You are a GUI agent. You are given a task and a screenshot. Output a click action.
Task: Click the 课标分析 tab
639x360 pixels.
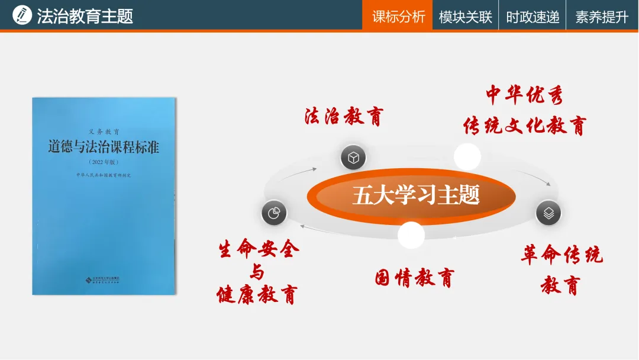(398, 17)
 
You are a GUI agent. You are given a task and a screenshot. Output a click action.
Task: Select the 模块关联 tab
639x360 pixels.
(465, 17)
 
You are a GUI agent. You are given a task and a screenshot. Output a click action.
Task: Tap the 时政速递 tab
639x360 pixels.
(532, 17)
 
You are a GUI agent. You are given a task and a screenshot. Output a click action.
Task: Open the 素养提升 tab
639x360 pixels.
(601, 17)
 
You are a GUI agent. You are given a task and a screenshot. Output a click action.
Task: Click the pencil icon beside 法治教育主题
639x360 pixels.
(22, 15)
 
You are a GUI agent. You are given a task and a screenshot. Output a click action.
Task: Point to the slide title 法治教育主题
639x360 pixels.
(85, 16)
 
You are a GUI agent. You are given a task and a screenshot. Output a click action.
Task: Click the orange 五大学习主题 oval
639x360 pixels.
(411, 195)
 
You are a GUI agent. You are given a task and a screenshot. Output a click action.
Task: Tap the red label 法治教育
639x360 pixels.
(344, 116)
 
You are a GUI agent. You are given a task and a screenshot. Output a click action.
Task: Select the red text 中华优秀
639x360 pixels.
(524, 95)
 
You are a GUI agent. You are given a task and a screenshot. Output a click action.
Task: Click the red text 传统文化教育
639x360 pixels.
(524, 126)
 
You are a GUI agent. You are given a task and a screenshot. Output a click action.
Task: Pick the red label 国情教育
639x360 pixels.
(414, 277)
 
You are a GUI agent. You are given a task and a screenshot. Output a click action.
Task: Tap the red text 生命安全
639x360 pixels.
(259, 249)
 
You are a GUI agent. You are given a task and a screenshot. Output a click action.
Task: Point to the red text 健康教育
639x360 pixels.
(256, 294)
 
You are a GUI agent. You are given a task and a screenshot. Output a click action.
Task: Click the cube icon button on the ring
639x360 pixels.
(353, 157)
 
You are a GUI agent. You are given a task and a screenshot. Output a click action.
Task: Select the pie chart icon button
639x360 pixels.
(273, 213)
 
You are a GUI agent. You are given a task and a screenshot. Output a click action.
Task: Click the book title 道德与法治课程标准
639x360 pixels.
(104, 147)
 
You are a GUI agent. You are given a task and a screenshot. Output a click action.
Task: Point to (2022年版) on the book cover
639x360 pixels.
(104, 162)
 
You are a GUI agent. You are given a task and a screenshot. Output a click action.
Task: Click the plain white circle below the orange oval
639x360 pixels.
(411, 235)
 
